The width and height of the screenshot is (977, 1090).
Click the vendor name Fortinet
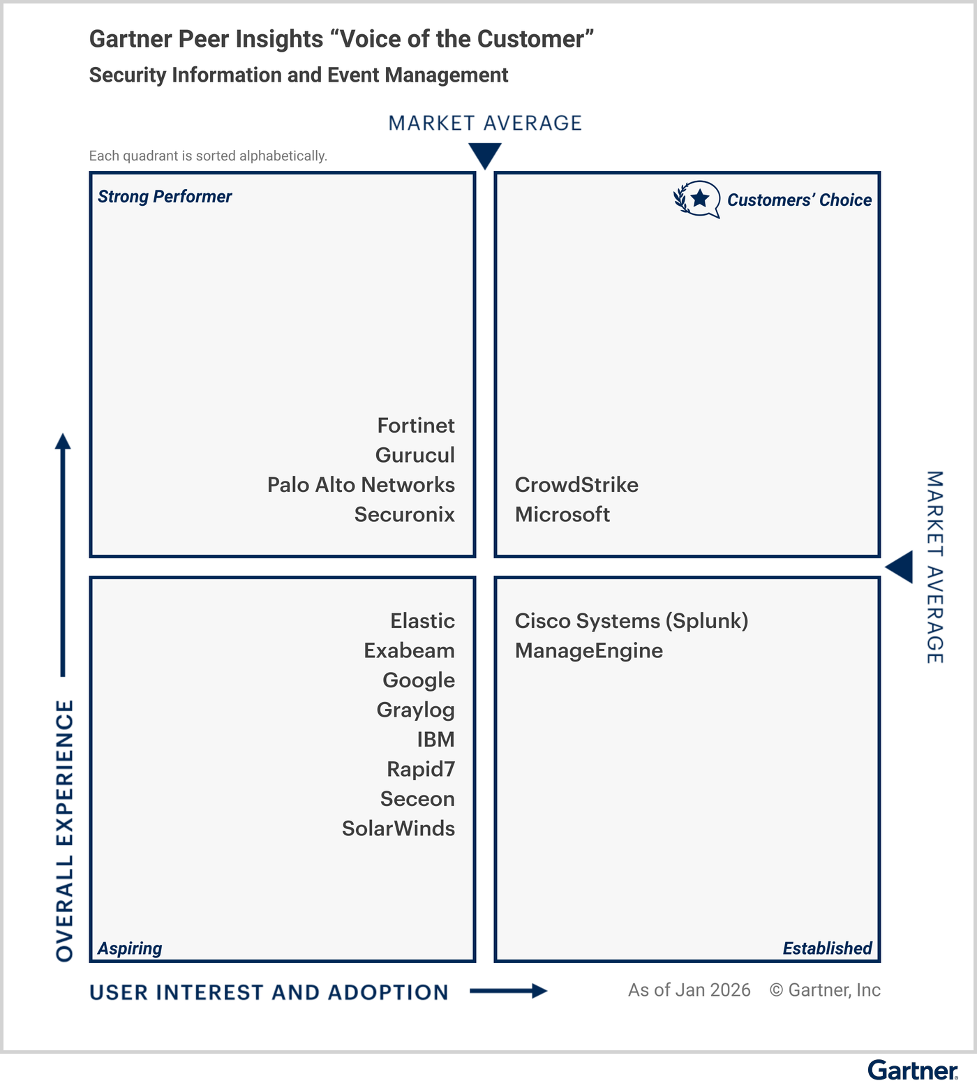click(416, 426)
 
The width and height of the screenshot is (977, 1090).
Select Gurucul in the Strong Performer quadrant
click(415, 455)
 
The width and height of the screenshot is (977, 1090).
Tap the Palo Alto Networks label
click(361, 485)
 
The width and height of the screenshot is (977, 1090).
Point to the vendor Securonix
click(404, 514)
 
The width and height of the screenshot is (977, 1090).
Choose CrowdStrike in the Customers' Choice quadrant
click(576, 485)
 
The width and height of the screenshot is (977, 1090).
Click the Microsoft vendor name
click(562, 514)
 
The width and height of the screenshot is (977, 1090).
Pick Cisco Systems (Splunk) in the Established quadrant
click(632, 621)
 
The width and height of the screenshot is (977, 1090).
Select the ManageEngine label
click(589, 650)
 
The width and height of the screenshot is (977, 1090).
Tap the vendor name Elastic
click(422, 621)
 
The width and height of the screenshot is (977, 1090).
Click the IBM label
click(435, 740)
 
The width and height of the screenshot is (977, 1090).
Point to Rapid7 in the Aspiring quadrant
click(421, 769)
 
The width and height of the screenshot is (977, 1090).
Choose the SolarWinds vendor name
click(398, 828)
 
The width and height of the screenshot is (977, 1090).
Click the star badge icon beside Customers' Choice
click(697, 200)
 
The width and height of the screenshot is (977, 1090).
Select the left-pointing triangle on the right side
click(900, 567)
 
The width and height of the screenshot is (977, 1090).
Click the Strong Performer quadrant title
click(165, 197)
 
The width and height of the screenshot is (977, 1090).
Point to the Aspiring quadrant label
click(130, 948)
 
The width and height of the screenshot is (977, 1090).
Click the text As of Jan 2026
click(689, 990)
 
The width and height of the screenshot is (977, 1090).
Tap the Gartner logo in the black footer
click(912, 1070)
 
